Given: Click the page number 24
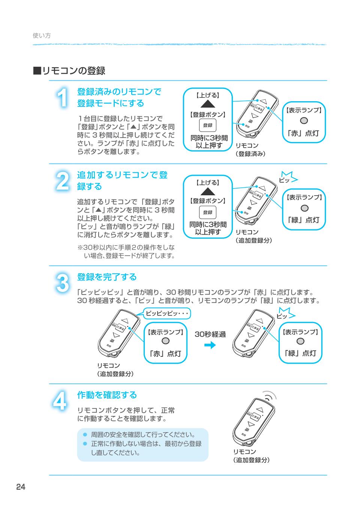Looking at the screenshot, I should coord(21,487).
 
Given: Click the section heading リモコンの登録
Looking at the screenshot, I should coord(69,70).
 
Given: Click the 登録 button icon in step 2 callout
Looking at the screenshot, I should coord(207,213).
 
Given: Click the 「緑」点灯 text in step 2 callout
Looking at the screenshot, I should coord(304,220).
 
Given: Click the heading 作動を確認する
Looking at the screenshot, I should coord(107,395).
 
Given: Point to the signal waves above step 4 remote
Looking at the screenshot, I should coord(269,397).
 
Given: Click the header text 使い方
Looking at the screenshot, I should coord(42,36).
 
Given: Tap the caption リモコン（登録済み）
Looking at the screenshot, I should coord(250,150).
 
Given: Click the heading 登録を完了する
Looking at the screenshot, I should coord(107,277).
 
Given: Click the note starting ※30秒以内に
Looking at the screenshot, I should coord(126,252).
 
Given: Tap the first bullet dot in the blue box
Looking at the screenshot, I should coord(85,435).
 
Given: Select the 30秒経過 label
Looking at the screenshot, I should coord(210,334).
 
